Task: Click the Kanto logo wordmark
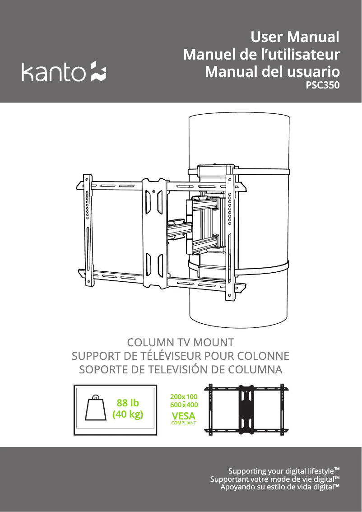point(53,72)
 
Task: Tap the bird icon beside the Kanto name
point(98,71)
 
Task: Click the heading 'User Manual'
point(294,37)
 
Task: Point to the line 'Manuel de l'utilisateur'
point(261,54)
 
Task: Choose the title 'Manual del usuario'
point(272,71)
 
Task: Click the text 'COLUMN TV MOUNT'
point(181,342)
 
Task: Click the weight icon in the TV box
point(95,409)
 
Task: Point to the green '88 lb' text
point(128,403)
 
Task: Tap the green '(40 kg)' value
point(127,414)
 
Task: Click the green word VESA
point(183,415)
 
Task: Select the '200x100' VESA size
point(183,397)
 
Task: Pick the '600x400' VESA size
point(183,405)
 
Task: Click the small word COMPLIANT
point(183,423)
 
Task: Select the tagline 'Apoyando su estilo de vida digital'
point(279,487)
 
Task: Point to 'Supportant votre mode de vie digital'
point(274,479)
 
